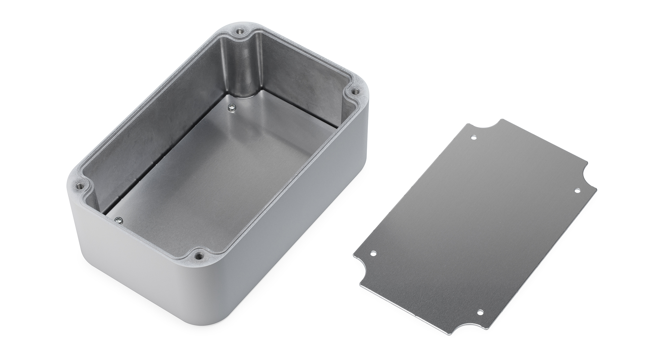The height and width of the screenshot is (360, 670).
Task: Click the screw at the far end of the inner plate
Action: [x=231, y=107]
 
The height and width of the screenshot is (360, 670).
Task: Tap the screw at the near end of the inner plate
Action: [x=118, y=220]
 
